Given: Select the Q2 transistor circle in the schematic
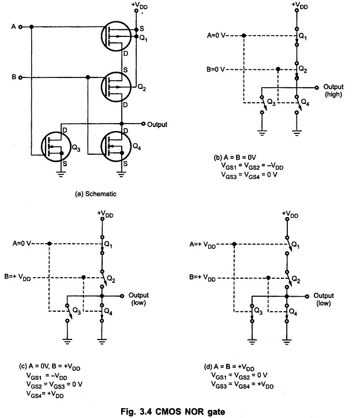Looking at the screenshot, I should point(118,87).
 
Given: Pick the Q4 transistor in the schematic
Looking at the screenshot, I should point(118,149).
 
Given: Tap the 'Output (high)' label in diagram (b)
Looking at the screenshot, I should point(333,90).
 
